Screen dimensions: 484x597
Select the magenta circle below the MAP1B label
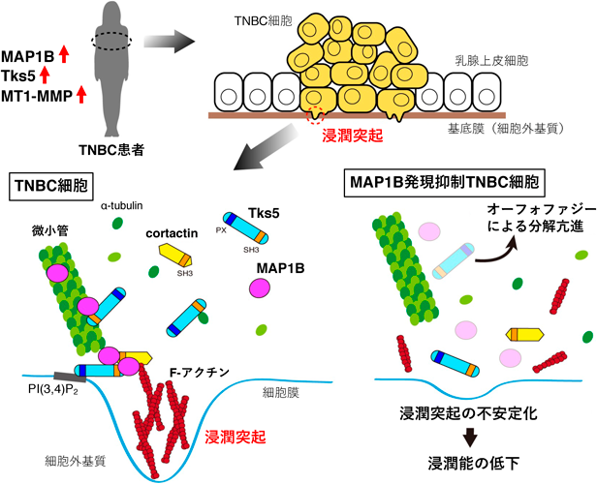point(260,288)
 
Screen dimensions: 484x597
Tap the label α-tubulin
point(121,205)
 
